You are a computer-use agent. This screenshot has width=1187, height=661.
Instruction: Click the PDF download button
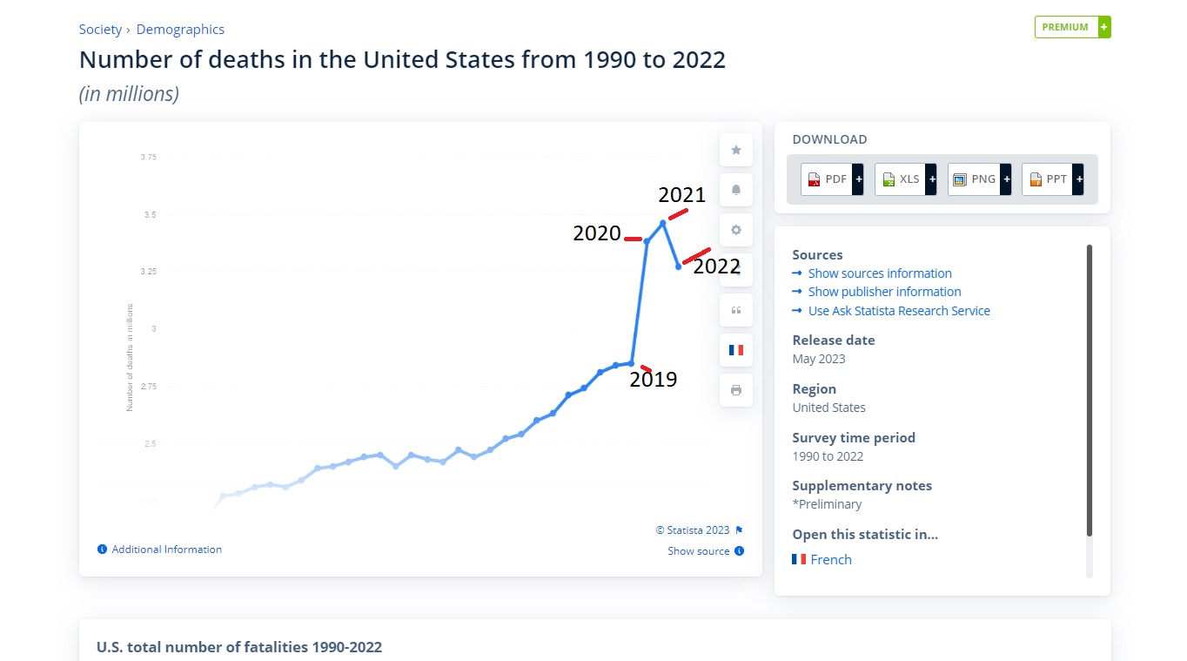pos(831,179)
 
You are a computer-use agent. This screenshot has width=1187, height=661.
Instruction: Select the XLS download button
pos(905,179)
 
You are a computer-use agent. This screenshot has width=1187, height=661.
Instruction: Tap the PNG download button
pos(978,179)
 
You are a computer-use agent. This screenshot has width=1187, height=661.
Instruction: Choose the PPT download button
pos(1052,179)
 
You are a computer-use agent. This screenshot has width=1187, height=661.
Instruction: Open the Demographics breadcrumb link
pos(180,30)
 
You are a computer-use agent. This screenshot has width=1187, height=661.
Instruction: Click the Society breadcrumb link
pos(100,30)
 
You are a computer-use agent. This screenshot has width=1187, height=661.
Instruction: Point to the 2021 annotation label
pos(681,194)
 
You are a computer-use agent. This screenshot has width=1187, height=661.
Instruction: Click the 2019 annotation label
pos(653,379)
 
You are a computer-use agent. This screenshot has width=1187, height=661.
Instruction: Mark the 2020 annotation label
pos(596,233)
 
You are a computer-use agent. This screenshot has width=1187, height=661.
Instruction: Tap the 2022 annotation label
pos(716,266)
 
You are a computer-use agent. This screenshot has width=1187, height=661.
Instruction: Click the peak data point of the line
pos(663,223)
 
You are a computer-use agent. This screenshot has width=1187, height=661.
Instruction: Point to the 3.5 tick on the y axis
pos(148,214)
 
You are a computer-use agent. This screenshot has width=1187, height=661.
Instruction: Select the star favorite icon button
pos(736,150)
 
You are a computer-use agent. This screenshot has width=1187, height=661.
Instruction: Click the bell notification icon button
pos(736,190)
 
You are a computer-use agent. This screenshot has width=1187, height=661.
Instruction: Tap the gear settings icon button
pos(736,230)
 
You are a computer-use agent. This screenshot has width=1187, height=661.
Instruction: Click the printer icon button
pos(736,390)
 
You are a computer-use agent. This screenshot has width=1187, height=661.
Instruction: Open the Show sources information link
pos(879,273)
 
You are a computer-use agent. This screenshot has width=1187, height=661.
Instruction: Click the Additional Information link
pos(166,550)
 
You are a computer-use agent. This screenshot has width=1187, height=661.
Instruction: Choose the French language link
pos(830,560)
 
